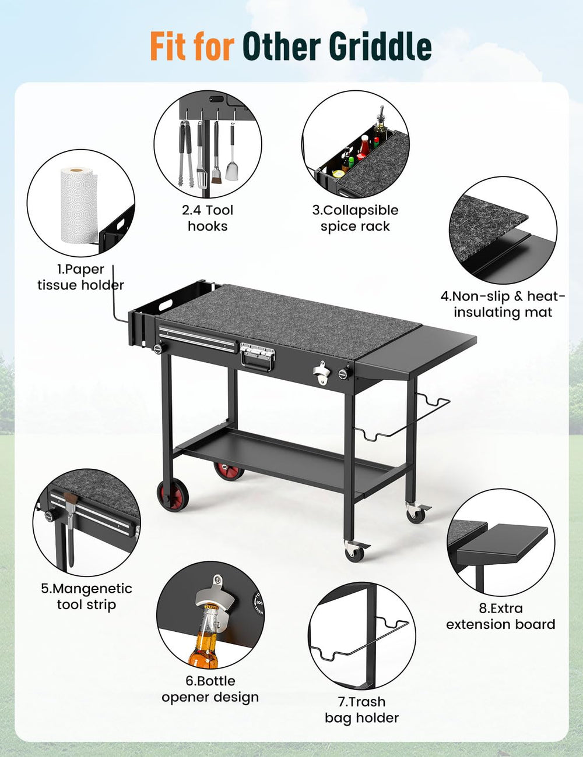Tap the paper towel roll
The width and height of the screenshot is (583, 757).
click(x=79, y=206)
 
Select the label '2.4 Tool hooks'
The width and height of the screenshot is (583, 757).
click(x=208, y=218)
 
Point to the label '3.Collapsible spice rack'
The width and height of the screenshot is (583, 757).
click(x=355, y=218)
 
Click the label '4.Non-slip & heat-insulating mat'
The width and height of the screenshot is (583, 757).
click(x=503, y=304)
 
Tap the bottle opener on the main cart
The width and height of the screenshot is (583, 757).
click(x=321, y=373)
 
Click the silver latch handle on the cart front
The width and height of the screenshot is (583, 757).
click(x=257, y=356)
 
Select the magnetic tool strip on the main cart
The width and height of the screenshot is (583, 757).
click(x=198, y=336)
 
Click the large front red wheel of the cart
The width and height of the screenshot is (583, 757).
click(x=172, y=495)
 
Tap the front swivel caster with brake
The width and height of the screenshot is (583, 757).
click(x=356, y=551)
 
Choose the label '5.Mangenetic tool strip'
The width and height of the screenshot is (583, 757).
click(x=86, y=596)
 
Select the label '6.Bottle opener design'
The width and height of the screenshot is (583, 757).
click(x=210, y=689)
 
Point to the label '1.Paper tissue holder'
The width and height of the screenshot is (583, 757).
click(x=80, y=277)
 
